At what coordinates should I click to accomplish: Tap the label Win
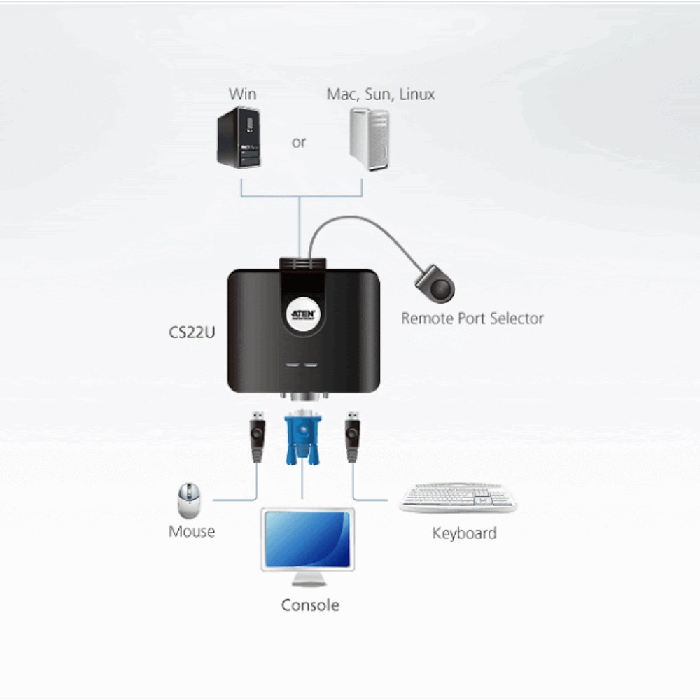coord(242,94)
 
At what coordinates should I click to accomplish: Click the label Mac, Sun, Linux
coord(381,94)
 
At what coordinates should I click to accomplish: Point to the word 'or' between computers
coord(299,142)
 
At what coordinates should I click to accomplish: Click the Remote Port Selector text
coord(472,318)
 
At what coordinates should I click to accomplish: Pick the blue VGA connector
coord(302,438)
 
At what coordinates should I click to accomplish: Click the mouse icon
coord(188,500)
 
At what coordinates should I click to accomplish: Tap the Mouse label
coord(192,531)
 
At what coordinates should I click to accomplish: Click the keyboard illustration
coord(458,498)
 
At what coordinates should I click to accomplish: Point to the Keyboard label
coord(464,533)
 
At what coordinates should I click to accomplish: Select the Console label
coord(310,605)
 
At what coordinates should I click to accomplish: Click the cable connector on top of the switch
coord(303,265)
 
